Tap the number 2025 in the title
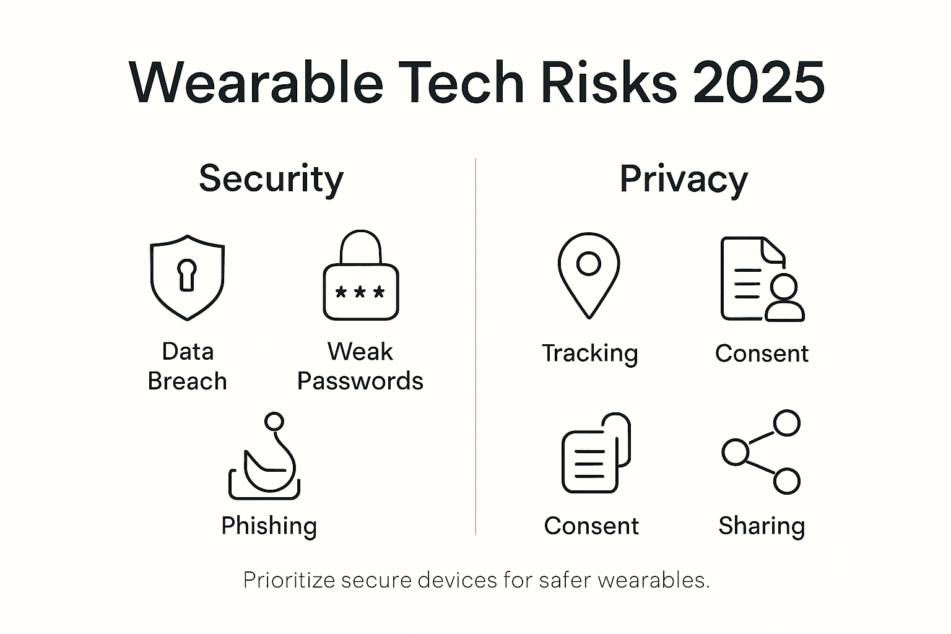coord(758,83)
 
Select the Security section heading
coord(271,179)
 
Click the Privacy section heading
coord(684,180)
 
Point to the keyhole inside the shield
coord(187,274)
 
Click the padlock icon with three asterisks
coord(360,276)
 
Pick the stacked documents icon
coord(596,453)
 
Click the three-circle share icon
coord(762,452)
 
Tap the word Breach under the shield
coord(187,381)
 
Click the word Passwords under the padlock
coord(360,381)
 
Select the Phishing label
coord(269,526)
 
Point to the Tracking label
coord(589,354)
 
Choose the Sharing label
coord(762,526)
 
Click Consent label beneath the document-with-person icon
coord(762,354)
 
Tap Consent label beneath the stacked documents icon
coord(591,526)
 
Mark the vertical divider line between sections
coord(475,347)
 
